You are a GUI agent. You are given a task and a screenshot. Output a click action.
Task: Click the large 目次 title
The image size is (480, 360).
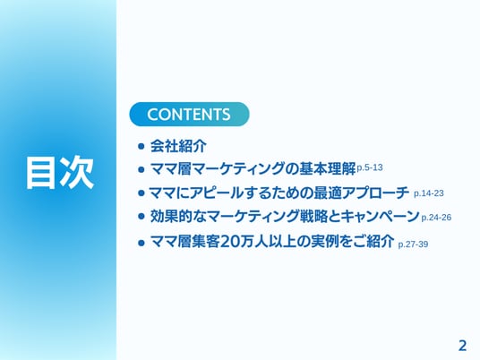tap(60, 172)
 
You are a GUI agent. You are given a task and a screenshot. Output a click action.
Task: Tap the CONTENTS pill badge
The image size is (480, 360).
tap(189, 115)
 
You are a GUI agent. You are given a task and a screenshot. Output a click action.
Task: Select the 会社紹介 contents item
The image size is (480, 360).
tap(178, 146)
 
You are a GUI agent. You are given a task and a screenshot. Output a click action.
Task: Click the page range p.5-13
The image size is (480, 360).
tap(370, 167)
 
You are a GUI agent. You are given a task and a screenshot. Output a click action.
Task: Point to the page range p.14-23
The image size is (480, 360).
tap(429, 193)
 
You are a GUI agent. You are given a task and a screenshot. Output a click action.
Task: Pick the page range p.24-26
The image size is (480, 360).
tap(436, 218)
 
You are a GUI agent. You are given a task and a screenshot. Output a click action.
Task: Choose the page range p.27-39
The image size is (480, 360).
tap(413, 244)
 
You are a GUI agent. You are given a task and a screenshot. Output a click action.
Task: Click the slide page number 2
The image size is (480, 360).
tap(462, 346)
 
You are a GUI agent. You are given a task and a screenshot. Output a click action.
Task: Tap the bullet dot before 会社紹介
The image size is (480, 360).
tap(141, 146)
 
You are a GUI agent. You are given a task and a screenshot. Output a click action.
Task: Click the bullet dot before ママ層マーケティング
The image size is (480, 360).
tap(141, 169)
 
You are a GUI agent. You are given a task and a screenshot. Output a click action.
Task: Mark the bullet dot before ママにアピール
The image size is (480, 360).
tap(141, 193)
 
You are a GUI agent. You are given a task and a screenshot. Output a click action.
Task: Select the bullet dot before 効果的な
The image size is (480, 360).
tap(141, 217)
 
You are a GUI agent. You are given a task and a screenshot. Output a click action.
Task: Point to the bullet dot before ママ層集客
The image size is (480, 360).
tap(141, 243)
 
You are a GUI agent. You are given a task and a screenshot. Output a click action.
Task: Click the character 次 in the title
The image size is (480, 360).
tap(77, 172)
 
